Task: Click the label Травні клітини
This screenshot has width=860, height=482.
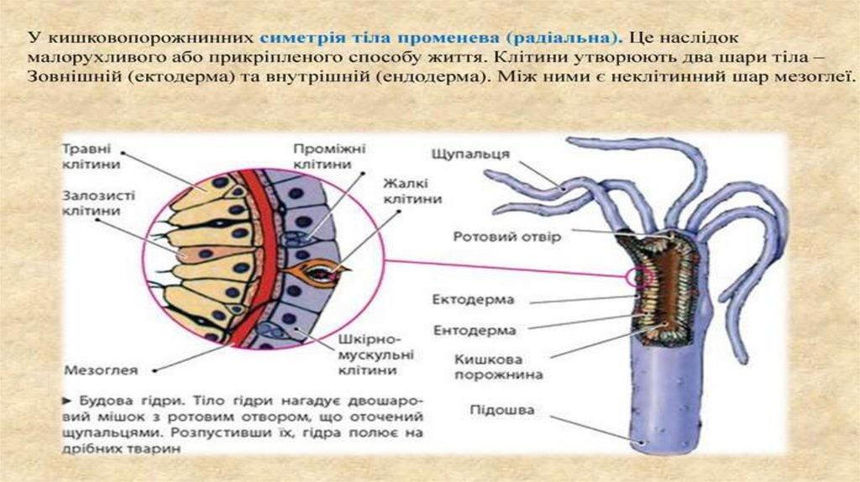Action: (87, 154)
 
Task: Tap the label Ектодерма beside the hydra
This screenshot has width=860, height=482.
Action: (473, 300)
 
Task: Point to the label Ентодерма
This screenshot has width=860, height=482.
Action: (475, 330)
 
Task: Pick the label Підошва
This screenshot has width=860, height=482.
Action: (503, 412)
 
